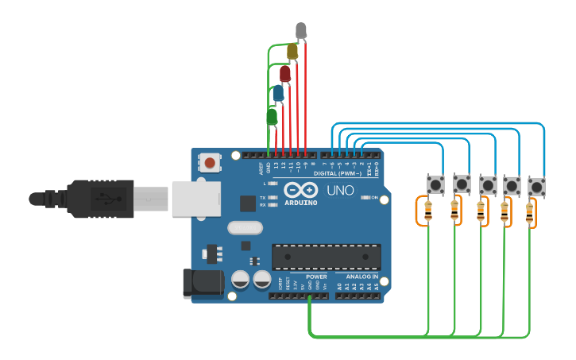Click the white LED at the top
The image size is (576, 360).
tap(301, 31)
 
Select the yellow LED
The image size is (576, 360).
tap(292, 52)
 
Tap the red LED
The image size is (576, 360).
tap(284, 74)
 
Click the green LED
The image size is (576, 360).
tap(272, 117)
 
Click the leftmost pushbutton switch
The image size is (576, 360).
tap(435, 185)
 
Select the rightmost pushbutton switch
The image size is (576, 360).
tap(537, 187)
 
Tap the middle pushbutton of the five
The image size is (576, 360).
tap(487, 186)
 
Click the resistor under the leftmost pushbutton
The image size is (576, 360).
tap(429, 211)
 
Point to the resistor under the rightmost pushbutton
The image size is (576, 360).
tap(530, 213)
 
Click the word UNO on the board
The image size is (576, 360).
tap(340, 191)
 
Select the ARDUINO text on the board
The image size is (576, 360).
tap(300, 203)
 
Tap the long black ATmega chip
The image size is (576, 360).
tap(326, 257)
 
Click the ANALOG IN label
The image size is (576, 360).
tap(361, 277)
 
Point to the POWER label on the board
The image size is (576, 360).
tap(316, 277)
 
